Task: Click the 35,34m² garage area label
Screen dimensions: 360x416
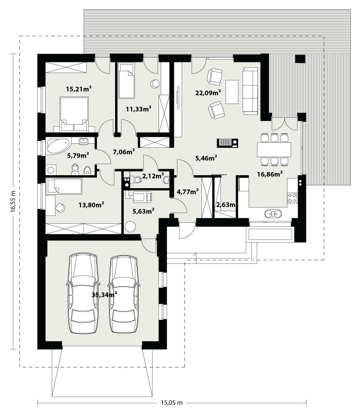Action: pos(104,294)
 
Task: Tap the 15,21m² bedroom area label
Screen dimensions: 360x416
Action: pos(79,89)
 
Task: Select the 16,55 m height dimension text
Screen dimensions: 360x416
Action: pos(13,202)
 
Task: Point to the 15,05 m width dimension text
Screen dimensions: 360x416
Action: pos(171,403)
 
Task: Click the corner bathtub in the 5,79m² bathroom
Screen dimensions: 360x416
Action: pos(58,146)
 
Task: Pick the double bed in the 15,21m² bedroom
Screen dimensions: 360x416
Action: pos(74,114)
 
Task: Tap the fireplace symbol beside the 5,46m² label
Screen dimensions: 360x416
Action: pos(227,143)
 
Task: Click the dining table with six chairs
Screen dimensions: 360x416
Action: pos(274,149)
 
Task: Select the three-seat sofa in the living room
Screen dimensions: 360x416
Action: pos(250,91)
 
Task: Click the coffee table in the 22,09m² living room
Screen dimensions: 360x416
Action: pos(232,92)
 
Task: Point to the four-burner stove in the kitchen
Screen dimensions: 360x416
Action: pos(293,198)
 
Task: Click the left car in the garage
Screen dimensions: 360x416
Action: pos(83,293)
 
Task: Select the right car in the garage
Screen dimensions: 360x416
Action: pos(124,294)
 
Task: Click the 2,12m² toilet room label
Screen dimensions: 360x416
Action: pos(153,176)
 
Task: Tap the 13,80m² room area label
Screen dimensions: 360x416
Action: pos(91,205)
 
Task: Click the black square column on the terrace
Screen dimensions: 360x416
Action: pos(300,59)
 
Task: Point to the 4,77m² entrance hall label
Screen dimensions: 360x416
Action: pos(188,191)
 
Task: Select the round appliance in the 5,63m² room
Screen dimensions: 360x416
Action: pos(130,227)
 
